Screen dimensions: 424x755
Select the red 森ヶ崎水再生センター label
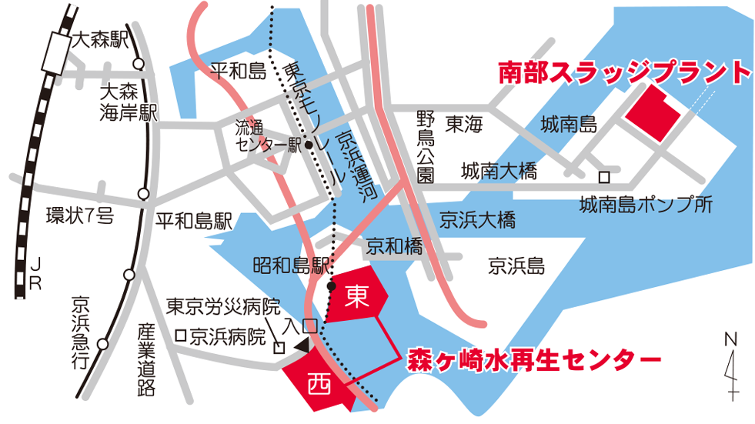534,359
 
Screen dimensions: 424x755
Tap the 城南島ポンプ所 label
646,205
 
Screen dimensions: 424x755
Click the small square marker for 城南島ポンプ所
604,177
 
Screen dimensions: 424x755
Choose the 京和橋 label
394,246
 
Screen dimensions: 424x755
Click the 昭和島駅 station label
292,266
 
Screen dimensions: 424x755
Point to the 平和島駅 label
193,222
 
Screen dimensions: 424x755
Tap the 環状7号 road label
79,215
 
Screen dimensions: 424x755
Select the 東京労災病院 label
223,306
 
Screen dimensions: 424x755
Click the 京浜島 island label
516,267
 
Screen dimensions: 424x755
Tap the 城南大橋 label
498,172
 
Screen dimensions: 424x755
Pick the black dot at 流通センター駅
308,145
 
